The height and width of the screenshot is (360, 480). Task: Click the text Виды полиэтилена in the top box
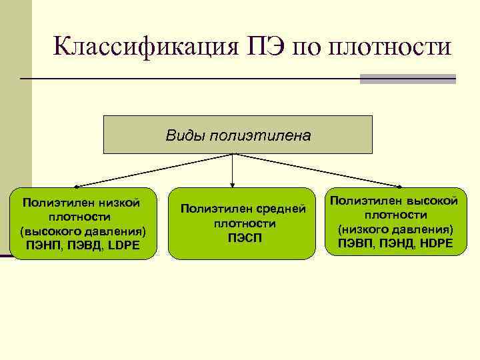[x=238, y=136]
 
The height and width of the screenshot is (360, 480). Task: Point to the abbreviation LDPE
[x=121, y=245]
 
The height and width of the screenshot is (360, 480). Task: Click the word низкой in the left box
[x=117, y=202]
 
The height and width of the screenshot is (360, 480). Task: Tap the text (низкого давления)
[x=395, y=229]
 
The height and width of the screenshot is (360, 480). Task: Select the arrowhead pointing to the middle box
[x=232, y=183]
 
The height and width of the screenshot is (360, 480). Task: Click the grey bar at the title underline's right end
[x=407, y=79]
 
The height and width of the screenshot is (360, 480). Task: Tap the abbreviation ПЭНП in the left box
[x=41, y=245]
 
